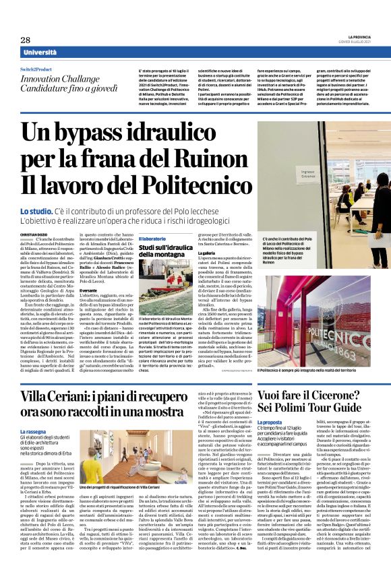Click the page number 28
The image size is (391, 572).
(x=25, y=40)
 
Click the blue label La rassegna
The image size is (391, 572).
(x=35, y=431)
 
